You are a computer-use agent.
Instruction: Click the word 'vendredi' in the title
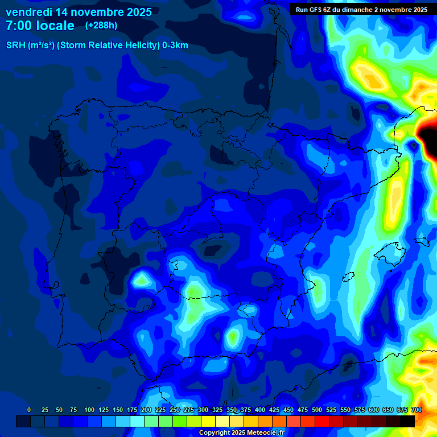pos(28,12)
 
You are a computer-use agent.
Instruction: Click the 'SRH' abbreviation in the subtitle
pos(16,46)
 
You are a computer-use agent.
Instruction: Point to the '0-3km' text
pos(175,46)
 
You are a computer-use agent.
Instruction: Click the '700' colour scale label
pos(416,410)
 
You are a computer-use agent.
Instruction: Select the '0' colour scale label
pos(29,410)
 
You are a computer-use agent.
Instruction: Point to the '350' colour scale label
pos(231,410)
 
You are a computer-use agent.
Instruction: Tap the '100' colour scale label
pos(89,410)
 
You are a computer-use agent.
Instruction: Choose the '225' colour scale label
pos(160,410)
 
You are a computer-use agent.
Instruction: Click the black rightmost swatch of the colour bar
pos(407,421)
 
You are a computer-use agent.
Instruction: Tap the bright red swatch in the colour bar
pos(321,421)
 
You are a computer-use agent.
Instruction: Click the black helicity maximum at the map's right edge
pos(428,135)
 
